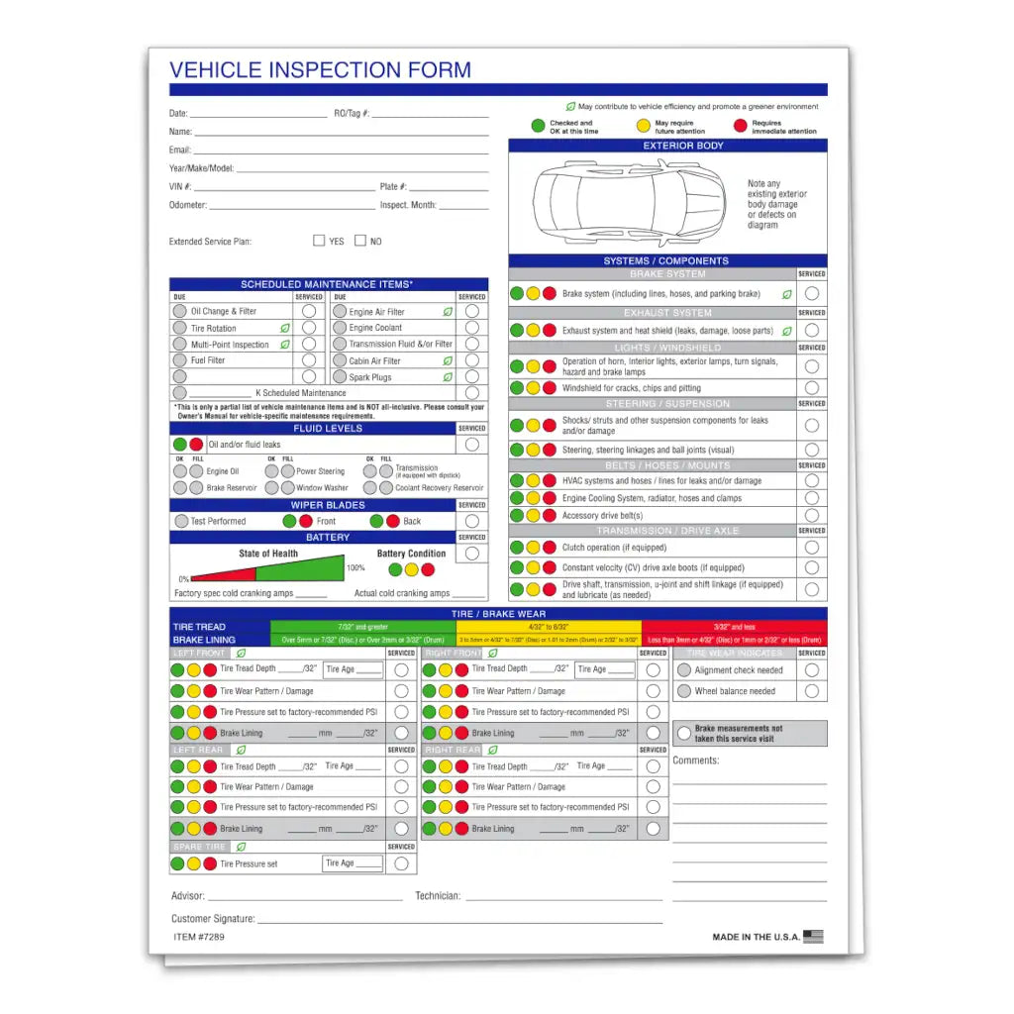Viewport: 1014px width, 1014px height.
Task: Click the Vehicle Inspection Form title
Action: click(320, 70)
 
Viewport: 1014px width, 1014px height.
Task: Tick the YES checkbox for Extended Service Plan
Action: click(319, 241)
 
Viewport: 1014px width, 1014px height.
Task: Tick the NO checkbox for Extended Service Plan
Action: click(360, 241)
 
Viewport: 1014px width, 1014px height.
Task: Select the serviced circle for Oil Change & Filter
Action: click(309, 311)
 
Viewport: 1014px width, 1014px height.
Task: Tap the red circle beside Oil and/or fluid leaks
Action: click(196, 445)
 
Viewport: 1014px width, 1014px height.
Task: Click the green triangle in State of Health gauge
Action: click(300, 567)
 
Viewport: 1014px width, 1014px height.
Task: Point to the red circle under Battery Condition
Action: click(428, 569)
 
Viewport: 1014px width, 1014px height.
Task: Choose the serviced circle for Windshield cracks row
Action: click(812, 388)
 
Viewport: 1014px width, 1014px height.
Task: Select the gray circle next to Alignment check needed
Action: click(684, 670)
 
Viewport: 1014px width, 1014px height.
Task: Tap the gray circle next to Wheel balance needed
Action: click(684, 691)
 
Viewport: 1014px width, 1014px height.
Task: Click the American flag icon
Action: click(813, 936)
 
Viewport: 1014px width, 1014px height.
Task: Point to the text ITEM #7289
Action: click(199, 936)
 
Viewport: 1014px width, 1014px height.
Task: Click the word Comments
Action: click(696, 760)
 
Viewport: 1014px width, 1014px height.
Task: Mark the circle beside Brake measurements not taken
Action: click(684, 733)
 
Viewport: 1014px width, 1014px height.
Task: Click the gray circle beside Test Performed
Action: click(181, 521)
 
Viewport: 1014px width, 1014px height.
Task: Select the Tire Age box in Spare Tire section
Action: click(354, 863)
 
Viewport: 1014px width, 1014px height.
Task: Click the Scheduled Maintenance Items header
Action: click(328, 284)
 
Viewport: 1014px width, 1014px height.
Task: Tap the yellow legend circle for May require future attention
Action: click(644, 127)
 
